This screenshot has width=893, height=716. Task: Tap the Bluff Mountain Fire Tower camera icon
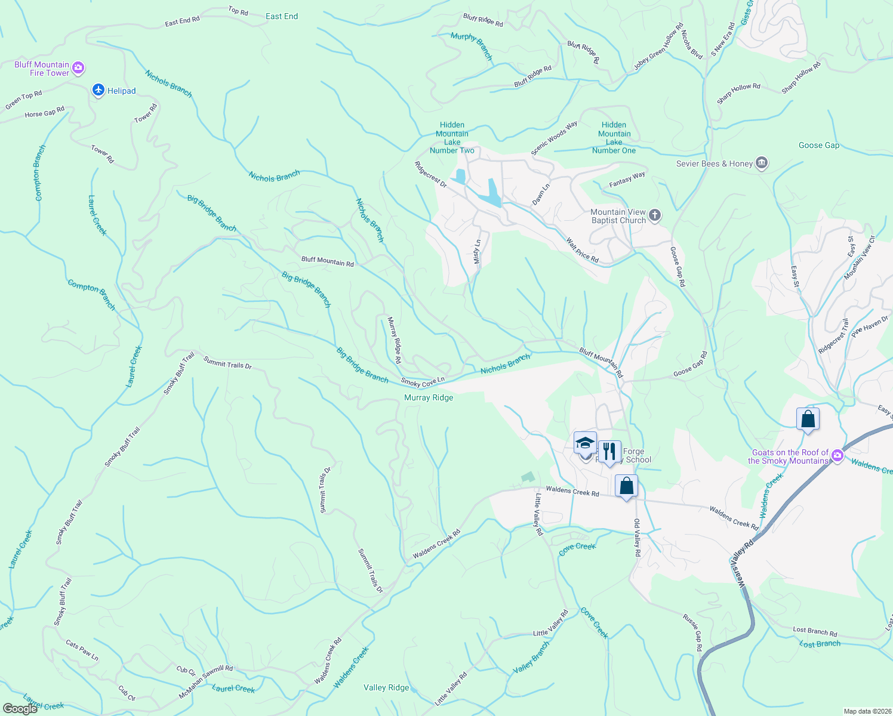(x=78, y=69)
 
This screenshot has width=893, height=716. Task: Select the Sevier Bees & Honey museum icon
(x=762, y=163)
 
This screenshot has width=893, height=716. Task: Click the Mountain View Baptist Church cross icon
(x=655, y=215)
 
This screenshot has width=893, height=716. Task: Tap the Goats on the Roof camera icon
(x=837, y=456)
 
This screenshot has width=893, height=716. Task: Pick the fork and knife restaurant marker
(x=609, y=451)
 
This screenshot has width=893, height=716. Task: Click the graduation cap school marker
(x=585, y=443)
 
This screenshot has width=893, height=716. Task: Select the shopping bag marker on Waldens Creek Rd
(x=626, y=486)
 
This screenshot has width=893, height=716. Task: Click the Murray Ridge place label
(x=429, y=397)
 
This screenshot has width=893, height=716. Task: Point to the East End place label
(x=282, y=16)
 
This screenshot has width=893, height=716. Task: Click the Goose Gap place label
(x=819, y=145)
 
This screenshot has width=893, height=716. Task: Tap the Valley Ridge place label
(x=386, y=687)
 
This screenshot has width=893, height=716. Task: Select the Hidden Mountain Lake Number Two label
(x=452, y=138)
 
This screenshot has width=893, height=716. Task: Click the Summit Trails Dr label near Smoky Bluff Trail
(x=227, y=362)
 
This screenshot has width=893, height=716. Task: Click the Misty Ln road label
(x=477, y=252)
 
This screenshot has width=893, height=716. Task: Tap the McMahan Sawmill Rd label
(x=206, y=682)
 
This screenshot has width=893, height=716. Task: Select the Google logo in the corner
(x=20, y=708)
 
